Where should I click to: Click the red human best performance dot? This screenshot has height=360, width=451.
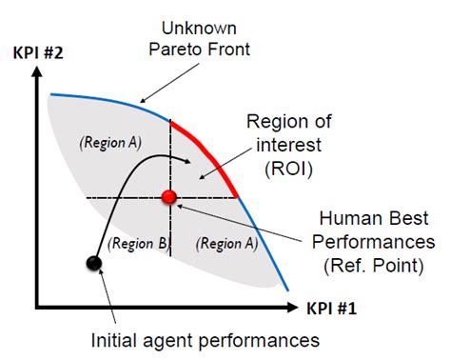(x=169, y=197)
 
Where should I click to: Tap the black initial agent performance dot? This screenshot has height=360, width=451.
(x=93, y=262)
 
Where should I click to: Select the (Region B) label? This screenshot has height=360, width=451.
(x=140, y=243)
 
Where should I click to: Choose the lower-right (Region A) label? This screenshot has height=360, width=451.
(x=225, y=243)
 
